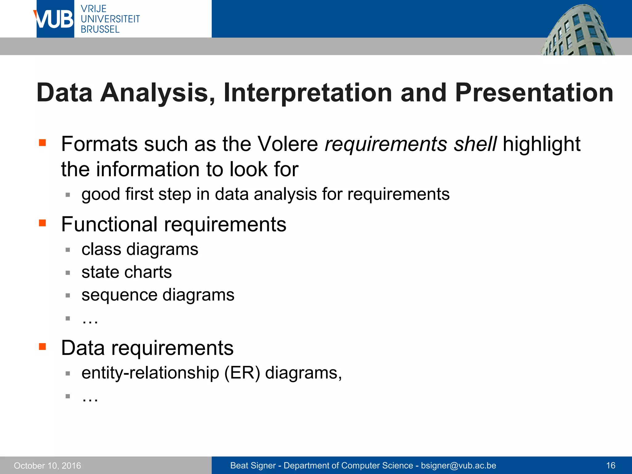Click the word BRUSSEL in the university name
click(x=100, y=29)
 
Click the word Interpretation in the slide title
click(x=308, y=93)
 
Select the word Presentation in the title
click(x=534, y=93)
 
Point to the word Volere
click(x=288, y=144)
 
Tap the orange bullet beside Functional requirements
click(x=42, y=223)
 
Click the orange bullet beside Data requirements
click(x=42, y=347)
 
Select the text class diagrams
click(x=139, y=249)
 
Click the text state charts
click(x=127, y=272)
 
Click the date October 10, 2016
click(x=47, y=466)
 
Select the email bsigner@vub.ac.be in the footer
click(x=458, y=466)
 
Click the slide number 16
click(x=610, y=466)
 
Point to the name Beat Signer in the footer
click(x=253, y=466)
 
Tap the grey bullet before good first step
click(x=68, y=195)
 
